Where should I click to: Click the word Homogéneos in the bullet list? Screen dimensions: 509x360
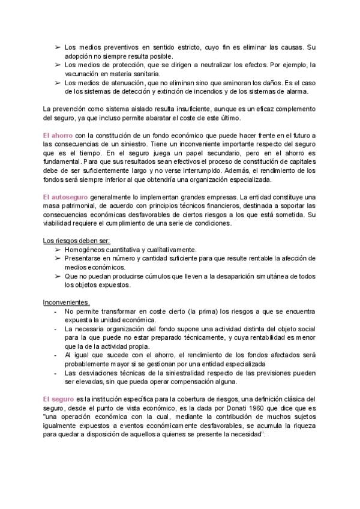(85, 250)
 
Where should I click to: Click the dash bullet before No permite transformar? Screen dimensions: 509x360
(56, 312)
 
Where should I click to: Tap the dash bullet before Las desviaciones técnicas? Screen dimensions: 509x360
(56, 373)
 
